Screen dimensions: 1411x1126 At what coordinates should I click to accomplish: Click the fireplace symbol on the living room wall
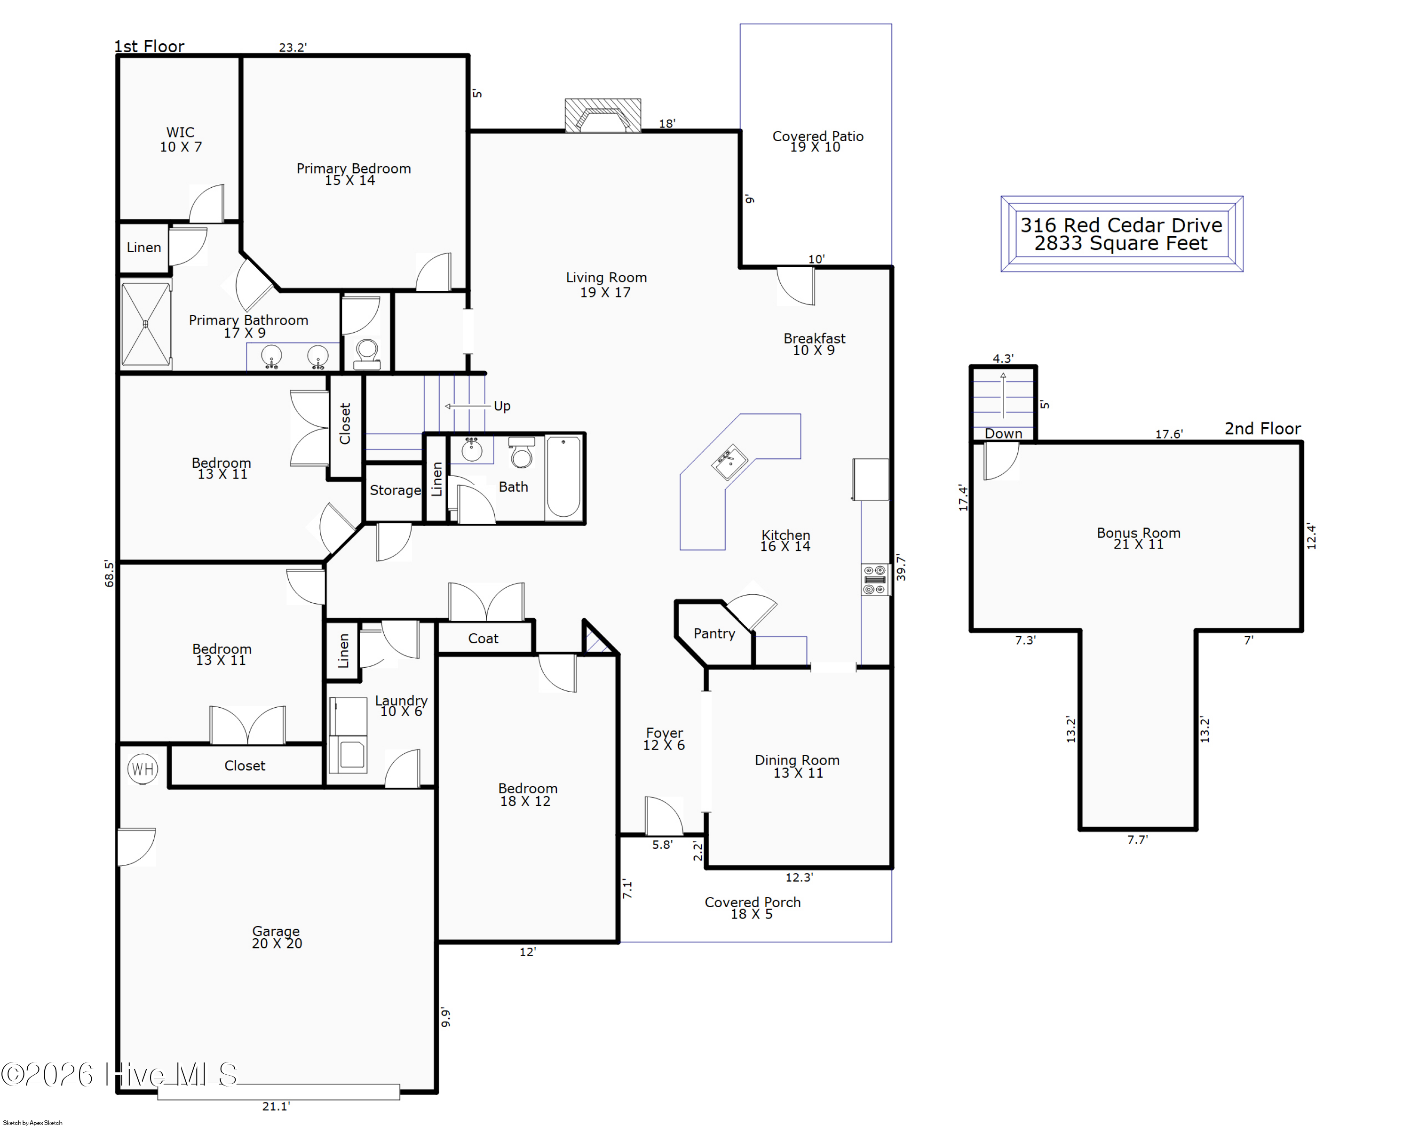click(x=603, y=115)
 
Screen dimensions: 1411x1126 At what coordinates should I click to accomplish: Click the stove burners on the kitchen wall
click(x=875, y=579)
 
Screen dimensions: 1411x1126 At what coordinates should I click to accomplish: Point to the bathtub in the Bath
click(x=563, y=477)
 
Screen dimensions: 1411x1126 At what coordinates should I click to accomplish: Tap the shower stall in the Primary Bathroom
click(x=146, y=324)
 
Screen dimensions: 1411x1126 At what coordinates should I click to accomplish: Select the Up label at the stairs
click(x=502, y=406)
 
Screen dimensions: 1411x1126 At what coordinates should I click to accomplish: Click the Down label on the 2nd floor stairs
click(x=1003, y=433)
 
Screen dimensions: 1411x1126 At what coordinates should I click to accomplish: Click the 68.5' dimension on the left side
click(x=109, y=574)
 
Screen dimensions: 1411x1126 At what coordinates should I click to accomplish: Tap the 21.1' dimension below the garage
click(x=276, y=1106)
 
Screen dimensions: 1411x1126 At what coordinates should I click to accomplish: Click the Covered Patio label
click(x=817, y=136)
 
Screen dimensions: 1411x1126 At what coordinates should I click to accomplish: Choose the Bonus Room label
click(x=1139, y=533)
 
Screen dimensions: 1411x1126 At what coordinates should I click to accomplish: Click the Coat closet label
click(x=483, y=638)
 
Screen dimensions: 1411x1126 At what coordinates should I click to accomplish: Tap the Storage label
click(x=395, y=490)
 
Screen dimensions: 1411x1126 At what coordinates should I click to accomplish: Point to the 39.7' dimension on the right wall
click(x=901, y=567)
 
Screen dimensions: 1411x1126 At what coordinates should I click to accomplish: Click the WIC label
click(x=180, y=132)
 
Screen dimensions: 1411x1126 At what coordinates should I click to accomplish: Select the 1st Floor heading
click(x=149, y=47)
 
